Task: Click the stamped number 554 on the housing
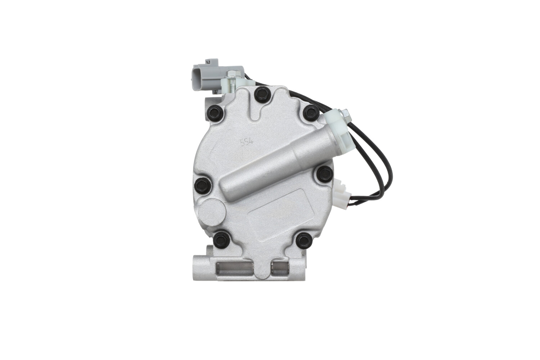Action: coord(247,141)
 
